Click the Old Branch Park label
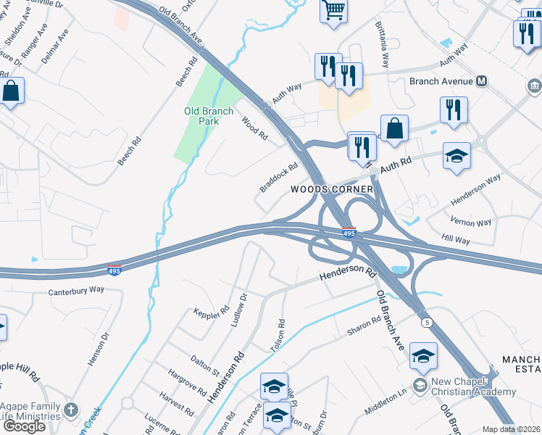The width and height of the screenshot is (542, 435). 209,116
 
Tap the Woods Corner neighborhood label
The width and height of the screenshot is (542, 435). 332,189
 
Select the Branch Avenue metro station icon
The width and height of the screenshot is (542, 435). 482,81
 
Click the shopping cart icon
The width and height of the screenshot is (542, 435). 333,11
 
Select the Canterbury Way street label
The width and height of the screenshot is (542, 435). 76,290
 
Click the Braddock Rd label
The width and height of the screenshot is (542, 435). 279,177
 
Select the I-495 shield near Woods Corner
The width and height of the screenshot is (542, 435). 348,233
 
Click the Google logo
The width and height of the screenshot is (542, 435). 23,426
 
